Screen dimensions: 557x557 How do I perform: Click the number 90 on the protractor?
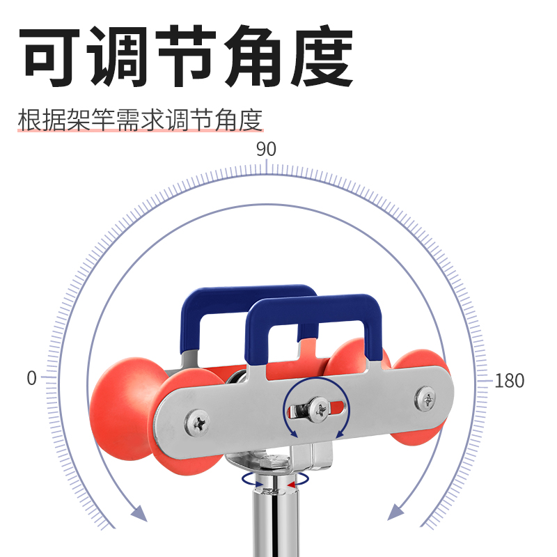[266, 149]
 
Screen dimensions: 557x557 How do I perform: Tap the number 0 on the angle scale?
[31, 379]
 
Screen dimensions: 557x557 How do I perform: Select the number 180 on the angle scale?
[509, 381]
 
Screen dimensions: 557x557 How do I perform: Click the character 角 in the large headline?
[252, 57]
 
